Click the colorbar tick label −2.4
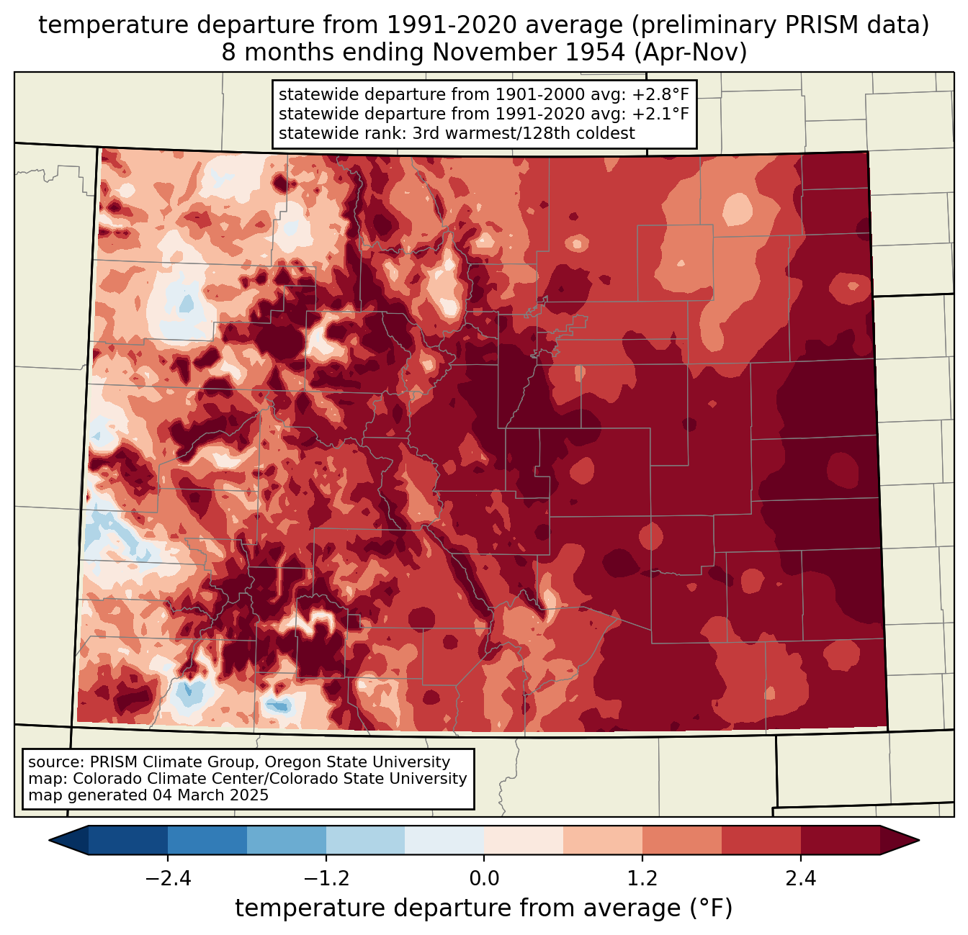[168, 879]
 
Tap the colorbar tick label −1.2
[326, 879]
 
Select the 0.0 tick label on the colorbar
[484, 879]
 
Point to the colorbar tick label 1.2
[642, 879]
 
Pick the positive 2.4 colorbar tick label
[801, 879]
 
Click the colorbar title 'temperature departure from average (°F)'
[483, 908]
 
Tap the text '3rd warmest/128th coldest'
[524, 133]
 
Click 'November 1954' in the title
[528, 53]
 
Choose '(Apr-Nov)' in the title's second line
[691, 53]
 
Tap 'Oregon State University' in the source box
[357, 762]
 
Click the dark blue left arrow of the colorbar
[68, 841]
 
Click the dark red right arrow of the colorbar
[900, 841]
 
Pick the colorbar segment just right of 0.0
[524, 841]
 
